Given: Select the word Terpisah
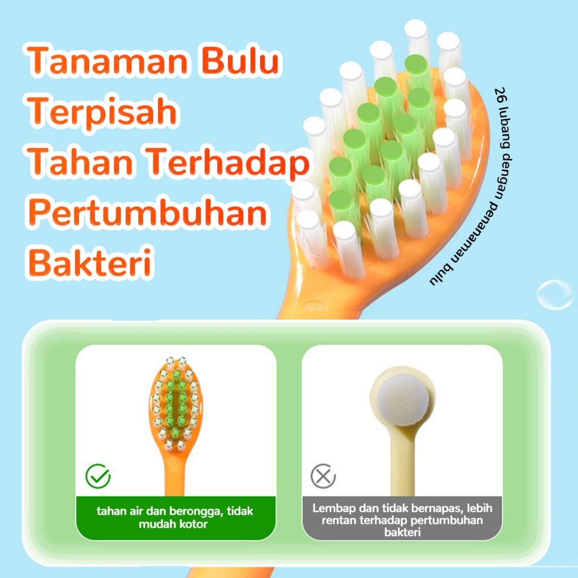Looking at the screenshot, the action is [102, 112].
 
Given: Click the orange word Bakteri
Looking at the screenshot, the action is [90, 262].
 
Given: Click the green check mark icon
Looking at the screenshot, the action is [98, 476].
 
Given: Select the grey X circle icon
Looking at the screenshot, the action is [323, 476].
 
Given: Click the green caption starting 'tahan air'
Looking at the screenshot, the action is [175, 517].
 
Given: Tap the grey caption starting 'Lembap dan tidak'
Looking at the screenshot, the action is [402, 520].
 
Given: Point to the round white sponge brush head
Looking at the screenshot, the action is [403, 400].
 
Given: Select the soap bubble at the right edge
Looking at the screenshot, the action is [555, 295].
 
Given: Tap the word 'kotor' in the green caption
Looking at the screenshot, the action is [191, 524].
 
